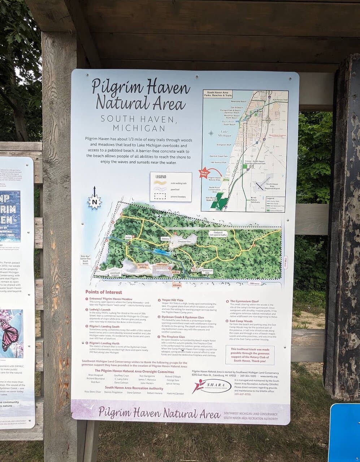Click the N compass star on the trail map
pyautogui.click(x=95, y=202)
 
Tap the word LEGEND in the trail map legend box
pyautogui.click(x=161, y=177)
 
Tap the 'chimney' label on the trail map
pyautogui.click(x=165, y=239)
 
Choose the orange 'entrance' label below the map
pyautogui.click(x=177, y=285)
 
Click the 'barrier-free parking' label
pyautogui.click(x=143, y=266)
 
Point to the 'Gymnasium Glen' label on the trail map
pyautogui.click(x=208, y=271)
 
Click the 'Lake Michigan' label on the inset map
pyautogui.click(x=224, y=134)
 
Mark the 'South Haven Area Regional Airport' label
pyautogui.click(x=272, y=186)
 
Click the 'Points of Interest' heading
pyautogui.click(x=104, y=292)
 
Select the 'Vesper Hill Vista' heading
pyautogui.click(x=172, y=300)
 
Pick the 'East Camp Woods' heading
pyautogui.click(x=241, y=321)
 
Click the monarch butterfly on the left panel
pyautogui.click(x=9, y=334)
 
